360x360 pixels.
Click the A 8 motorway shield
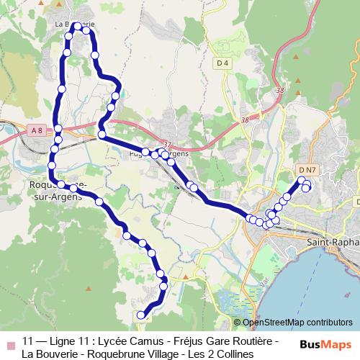pyautogui.click(x=37, y=130)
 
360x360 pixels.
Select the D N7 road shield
pyautogui.click(x=307, y=170)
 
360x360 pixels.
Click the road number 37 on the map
pyautogui.click(x=168, y=144)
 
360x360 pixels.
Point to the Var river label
pyautogui.click(x=263, y=277)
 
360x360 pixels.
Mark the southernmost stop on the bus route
pyautogui.click(x=140, y=314)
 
